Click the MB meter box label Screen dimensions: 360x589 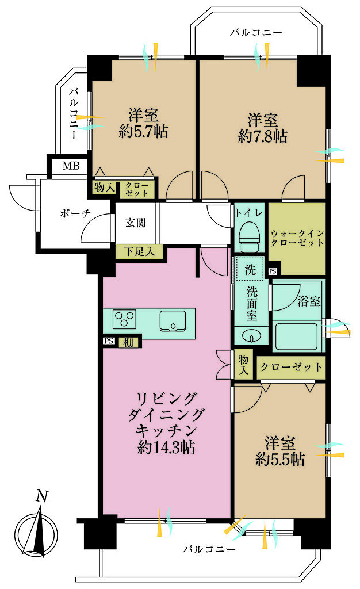71,166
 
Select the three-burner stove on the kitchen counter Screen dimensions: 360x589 125,319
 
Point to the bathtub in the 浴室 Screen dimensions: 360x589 296,336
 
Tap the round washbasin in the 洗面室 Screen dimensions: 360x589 251,336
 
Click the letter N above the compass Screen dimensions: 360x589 42,496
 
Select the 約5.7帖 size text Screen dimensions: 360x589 143,132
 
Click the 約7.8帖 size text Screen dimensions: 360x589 263,137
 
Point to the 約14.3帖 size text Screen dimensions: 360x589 166,448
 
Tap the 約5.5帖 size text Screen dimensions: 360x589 280,460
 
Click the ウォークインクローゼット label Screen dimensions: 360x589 297,238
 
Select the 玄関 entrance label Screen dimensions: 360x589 135,223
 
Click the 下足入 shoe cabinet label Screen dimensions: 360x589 140,251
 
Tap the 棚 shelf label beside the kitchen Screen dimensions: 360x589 128,343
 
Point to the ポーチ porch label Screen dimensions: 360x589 75,213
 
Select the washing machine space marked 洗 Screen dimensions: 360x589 250,269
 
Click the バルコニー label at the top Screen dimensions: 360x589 256,33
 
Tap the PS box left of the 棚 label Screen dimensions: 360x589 109,341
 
